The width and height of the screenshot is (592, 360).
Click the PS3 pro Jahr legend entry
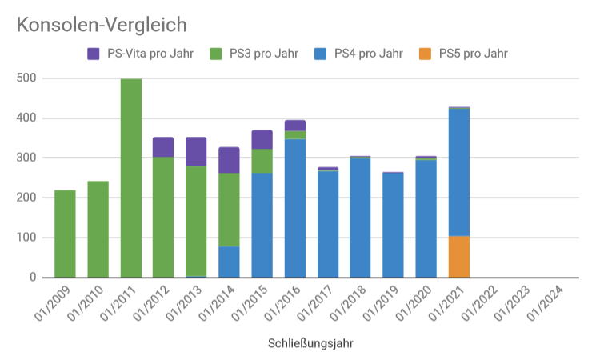tap(255, 54)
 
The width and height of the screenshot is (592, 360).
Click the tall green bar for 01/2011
tap(131, 178)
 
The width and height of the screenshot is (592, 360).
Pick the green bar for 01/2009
tap(66, 234)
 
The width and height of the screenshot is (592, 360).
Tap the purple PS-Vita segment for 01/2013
tap(197, 152)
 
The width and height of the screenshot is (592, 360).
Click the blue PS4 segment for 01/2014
tap(230, 262)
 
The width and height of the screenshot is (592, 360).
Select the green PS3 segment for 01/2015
tap(262, 161)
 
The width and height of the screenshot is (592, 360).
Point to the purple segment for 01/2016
tap(295, 125)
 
